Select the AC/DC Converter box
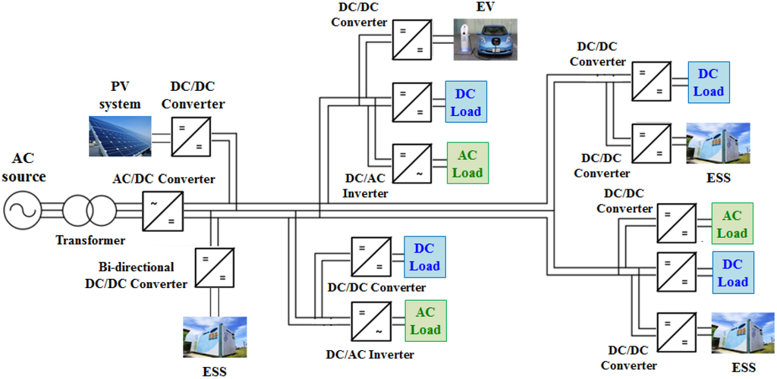coord(162,210)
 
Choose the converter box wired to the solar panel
coord(190,136)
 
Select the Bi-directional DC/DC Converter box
coord(214,267)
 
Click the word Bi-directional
coord(137,268)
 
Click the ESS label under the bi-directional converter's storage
coord(213,371)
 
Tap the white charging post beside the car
coord(462,40)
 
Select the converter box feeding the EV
coord(412,40)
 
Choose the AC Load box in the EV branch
coord(467,163)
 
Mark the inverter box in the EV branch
coord(412,163)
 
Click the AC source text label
coord(24,169)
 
